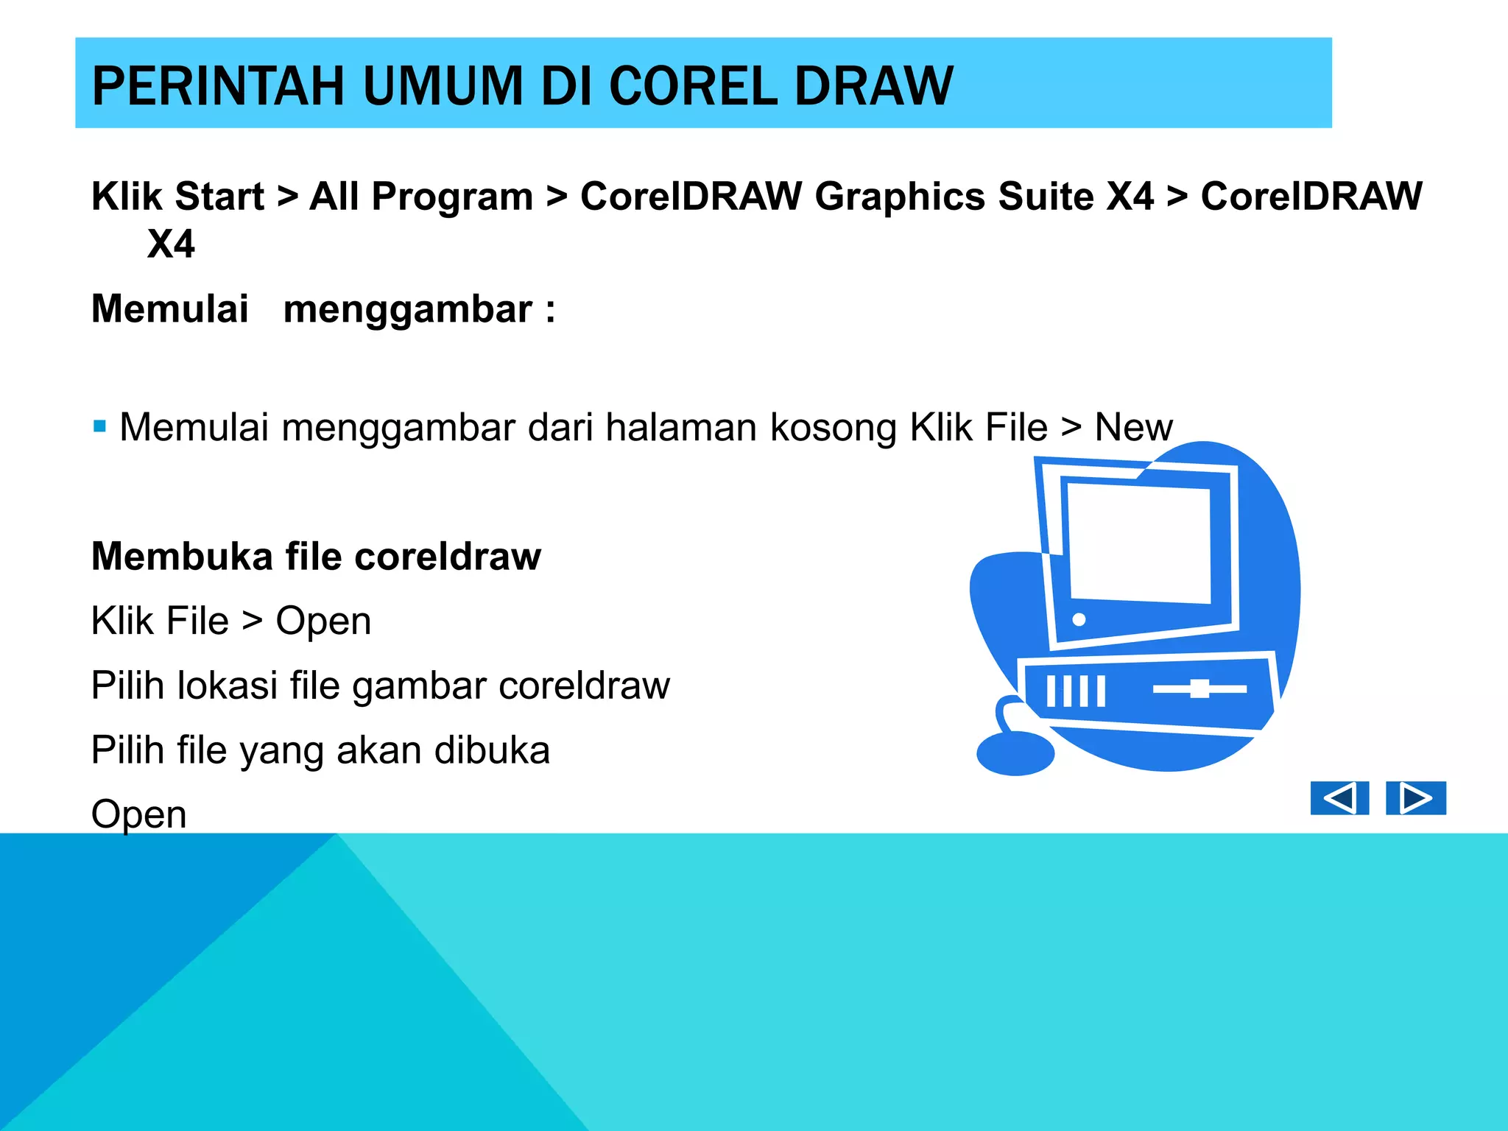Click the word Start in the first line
[219, 197]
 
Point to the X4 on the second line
[171, 244]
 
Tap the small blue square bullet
[100, 426]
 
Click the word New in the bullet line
[1132, 427]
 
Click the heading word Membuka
[182, 556]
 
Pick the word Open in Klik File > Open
[323, 621]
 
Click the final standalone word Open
[138, 814]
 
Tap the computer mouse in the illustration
[1015, 753]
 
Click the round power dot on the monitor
[1079, 619]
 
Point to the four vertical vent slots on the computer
[1076, 691]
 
